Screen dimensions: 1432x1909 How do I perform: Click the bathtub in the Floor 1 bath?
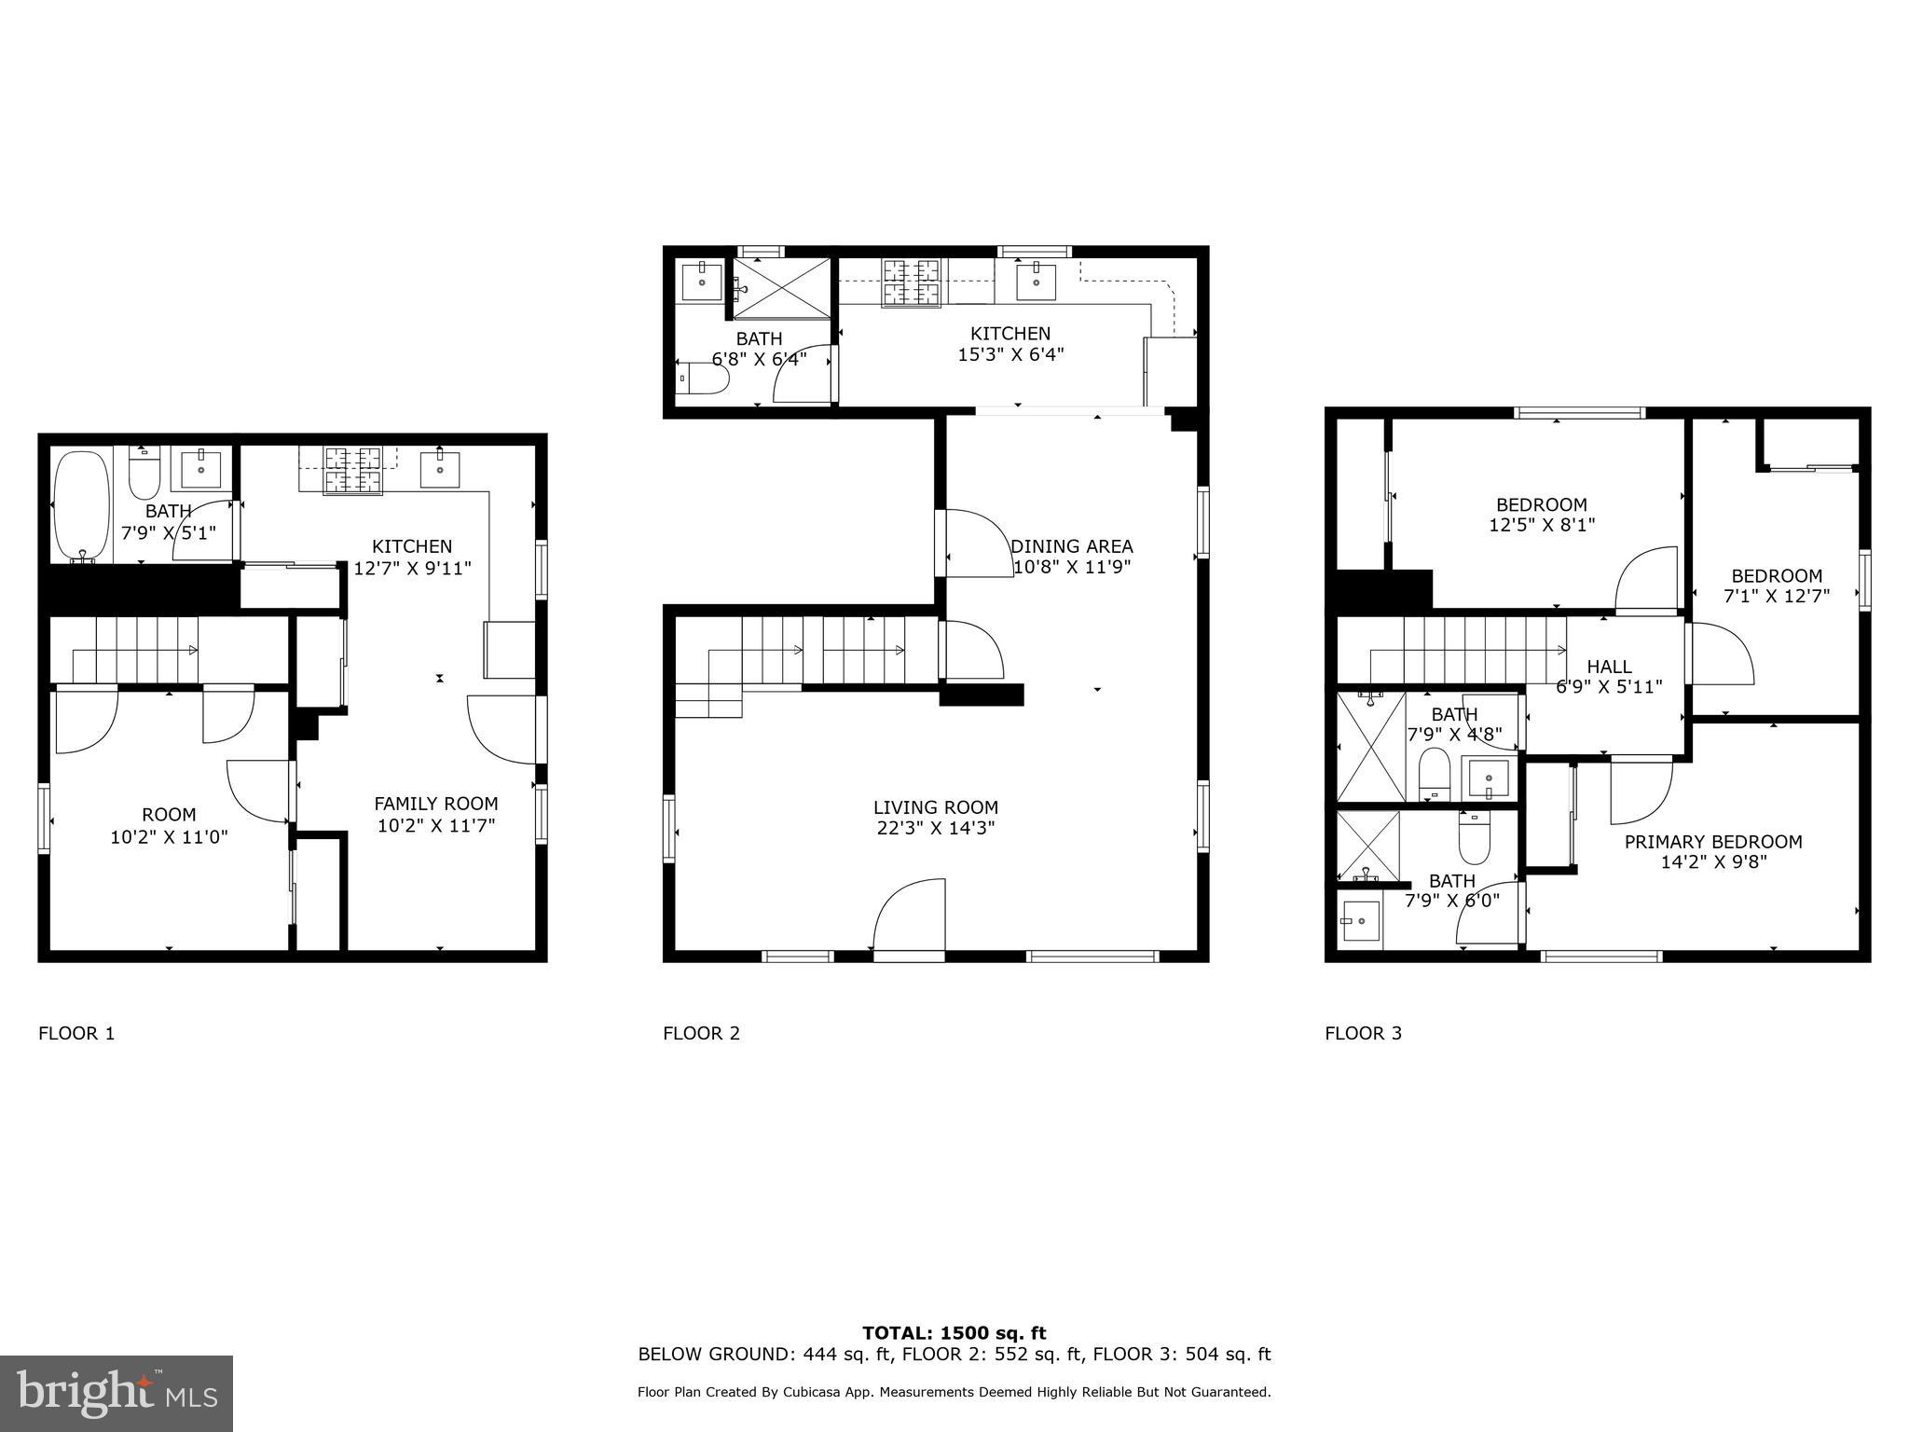coord(81,505)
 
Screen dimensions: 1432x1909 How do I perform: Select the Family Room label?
coord(436,804)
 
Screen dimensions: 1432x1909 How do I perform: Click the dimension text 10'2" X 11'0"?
coord(169,837)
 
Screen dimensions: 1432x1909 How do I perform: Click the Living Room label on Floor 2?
coord(936,807)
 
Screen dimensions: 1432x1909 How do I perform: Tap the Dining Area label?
coord(1072,546)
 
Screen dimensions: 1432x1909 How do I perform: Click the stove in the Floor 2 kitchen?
coord(912,282)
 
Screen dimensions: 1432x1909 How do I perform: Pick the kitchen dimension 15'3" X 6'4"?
coord(1010,354)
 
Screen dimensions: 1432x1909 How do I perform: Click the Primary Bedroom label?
coord(1713,842)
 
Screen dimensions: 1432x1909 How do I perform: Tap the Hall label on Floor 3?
coord(1609,667)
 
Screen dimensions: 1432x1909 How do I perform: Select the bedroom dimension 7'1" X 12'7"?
coord(1777,597)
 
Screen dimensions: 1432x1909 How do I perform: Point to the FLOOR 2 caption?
coord(701,1033)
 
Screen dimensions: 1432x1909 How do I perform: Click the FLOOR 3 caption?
coord(1363,1033)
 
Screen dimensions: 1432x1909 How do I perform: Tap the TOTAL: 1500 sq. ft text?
coord(954,1333)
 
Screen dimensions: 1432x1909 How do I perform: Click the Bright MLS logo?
coord(117,1393)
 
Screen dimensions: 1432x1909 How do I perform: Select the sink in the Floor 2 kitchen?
coord(1036,282)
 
